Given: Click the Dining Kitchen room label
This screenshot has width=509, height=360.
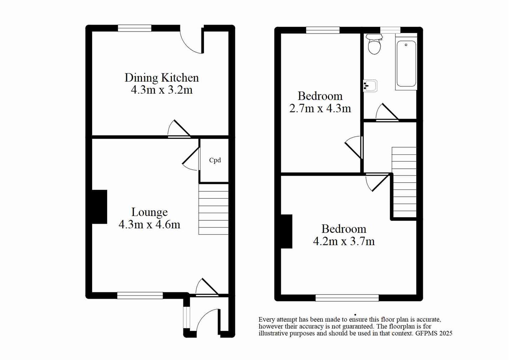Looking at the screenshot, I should tap(161, 78).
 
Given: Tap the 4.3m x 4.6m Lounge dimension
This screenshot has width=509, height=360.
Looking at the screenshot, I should tap(149, 224).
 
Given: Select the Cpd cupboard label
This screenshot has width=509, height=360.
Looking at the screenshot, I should tap(215, 160).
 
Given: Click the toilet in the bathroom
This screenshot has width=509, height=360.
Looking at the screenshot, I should tap(374, 45).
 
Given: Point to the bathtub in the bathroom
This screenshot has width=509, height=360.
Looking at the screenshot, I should tap(406, 63).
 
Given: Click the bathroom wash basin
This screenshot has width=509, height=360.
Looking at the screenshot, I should tap(370, 86).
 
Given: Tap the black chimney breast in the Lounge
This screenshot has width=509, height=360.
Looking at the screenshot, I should tap(99, 207).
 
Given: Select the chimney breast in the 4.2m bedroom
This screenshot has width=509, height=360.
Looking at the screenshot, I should tap(287, 231).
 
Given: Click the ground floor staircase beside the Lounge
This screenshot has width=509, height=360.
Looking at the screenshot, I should tap(213, 209).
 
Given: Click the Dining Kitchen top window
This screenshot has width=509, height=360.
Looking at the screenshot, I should tap(134, 28).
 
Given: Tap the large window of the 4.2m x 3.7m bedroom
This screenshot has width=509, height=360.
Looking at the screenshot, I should tap(347, 298).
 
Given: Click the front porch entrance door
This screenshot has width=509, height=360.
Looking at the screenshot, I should tap(207, 321).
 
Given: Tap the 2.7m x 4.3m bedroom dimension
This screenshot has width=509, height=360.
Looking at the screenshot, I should tap(320, 109).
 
